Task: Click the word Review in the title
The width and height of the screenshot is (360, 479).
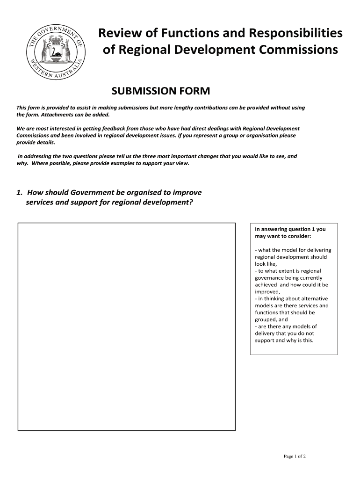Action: pos(117,33)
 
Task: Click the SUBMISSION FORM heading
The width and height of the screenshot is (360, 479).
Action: pos(160,90)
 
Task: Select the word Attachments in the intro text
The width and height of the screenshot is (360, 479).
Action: pos(45,115)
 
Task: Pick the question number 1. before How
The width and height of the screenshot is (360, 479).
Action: pos(20,193)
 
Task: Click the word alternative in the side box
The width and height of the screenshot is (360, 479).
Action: pos(313,298)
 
